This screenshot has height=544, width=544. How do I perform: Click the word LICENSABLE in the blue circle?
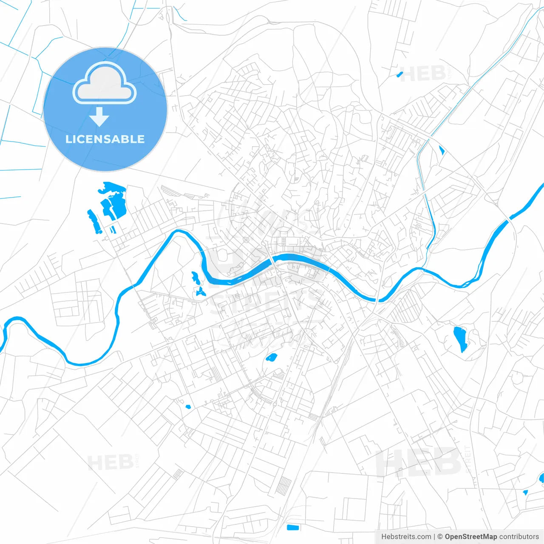105,139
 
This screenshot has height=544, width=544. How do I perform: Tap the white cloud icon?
105,84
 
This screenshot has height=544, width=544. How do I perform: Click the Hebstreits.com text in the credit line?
406,537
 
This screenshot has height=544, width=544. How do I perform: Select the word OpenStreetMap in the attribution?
470,537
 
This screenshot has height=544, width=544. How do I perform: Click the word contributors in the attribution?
519,537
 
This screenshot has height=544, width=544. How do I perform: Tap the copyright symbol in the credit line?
440,537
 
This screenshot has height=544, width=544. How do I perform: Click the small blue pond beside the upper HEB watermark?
399,75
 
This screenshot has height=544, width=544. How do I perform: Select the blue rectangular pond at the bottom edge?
293,528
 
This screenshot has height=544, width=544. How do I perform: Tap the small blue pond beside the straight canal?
442,150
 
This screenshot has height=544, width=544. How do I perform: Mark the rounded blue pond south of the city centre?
271,357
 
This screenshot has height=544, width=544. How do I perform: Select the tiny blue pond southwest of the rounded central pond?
188,407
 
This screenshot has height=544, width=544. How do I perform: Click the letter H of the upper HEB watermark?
407,74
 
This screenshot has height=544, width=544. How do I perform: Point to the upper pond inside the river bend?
195,278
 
